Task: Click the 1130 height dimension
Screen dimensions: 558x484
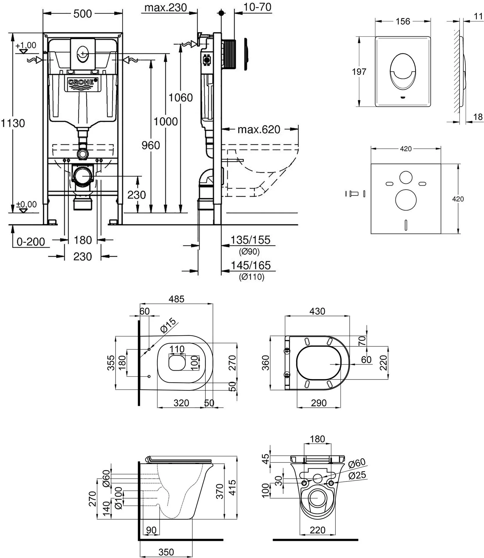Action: click(x=13, y=123)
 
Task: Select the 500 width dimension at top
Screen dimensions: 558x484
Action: click(x=82, y=13)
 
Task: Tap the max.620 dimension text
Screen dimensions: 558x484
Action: click(x=259, y=129)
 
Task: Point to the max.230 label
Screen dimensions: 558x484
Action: click(x=166, y=8)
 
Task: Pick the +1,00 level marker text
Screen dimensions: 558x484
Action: click(x=26, y=45)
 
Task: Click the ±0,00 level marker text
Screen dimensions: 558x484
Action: click(x=26, y=204)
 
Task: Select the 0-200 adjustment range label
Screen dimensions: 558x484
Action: click(x=31, y=241)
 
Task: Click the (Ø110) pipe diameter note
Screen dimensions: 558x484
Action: click(x=252, y=277)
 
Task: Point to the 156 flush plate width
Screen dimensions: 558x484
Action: click(x=403, y=21)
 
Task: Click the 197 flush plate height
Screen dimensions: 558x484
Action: click(x=359, y=72)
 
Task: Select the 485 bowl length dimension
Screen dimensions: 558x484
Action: click(x=177, y=299)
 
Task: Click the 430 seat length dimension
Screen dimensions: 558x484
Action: click(x=317, y=311)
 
